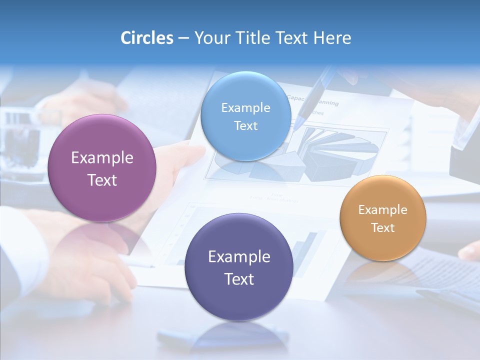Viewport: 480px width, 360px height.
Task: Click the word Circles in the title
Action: [x=146, y=38]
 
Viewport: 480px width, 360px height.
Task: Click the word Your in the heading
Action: [x=211, y=38]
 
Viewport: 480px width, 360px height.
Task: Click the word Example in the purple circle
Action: [x=102, y=158]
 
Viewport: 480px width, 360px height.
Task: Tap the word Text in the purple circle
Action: [x=102, y=180]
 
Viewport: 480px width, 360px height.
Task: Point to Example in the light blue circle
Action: [x=245, y=107]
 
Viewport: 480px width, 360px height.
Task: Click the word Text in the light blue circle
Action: [x=245, y=125]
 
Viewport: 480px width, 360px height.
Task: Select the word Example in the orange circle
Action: [x=383, y=209]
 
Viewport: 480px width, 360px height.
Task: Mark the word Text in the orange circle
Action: [x=383, y=227]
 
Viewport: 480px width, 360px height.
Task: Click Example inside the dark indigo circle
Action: [x=239, y=256]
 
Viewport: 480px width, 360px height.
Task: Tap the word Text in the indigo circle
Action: [x=239, y=279]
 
